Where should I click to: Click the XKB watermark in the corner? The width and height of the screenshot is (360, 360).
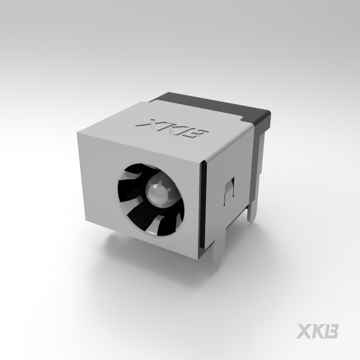[x=317, y=331]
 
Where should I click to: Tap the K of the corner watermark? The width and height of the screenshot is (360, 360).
[x=318, y=331]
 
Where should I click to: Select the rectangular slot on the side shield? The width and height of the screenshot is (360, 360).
[x=229, y=191]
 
